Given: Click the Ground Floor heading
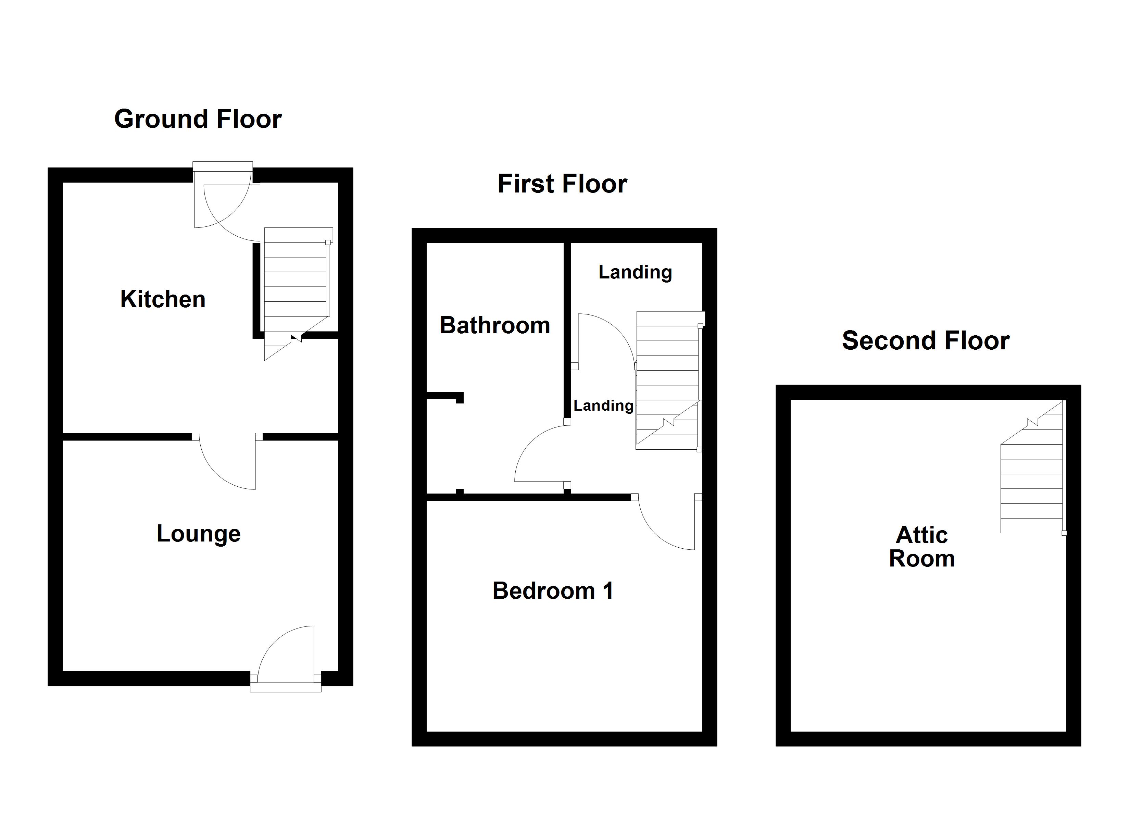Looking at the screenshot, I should (198, 119).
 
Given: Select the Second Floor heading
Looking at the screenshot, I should (925, 341).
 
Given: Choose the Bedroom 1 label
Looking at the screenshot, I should (553, 591).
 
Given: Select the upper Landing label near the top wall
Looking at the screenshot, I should (635, 272).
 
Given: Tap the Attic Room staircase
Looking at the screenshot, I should (1031, 478).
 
